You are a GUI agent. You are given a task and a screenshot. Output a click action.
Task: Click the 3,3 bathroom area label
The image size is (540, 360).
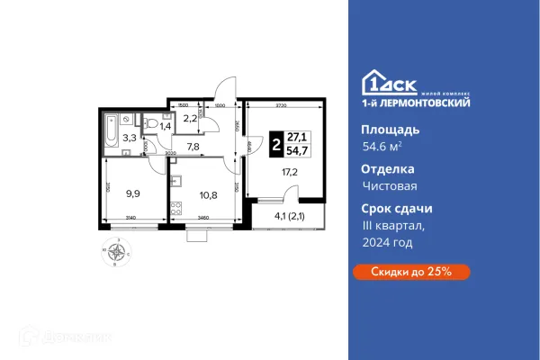130,139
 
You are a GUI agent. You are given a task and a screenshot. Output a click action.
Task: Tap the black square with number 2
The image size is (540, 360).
274,144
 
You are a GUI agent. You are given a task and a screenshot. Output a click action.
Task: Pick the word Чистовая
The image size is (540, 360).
385,185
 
